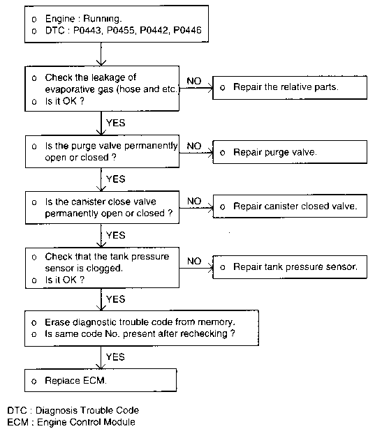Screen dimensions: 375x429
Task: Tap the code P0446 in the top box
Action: point(187,30)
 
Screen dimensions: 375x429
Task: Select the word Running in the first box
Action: point(102,19)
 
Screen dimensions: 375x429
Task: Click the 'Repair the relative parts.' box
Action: point(290,88)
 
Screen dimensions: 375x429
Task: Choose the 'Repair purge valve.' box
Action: point(290,152)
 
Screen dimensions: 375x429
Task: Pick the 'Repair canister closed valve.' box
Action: point(290,206)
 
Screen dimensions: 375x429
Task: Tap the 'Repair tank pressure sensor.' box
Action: point(290,267)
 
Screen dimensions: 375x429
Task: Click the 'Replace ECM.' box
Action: point(101,380)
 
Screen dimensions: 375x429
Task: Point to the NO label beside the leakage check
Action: point(194,81)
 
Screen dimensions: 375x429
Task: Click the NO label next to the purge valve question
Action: point(194,146)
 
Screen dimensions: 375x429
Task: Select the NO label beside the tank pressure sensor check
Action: point(194,261)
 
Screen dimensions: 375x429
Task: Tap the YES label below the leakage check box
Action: point(116,123)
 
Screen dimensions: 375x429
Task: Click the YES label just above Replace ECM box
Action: point(115,356)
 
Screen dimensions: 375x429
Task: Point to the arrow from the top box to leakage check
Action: point(101,54)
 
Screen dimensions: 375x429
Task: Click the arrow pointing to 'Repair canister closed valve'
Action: point(196,208)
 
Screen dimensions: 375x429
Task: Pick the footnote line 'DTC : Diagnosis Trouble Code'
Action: point(73,410)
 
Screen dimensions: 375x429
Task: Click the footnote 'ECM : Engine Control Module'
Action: point(71,422)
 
